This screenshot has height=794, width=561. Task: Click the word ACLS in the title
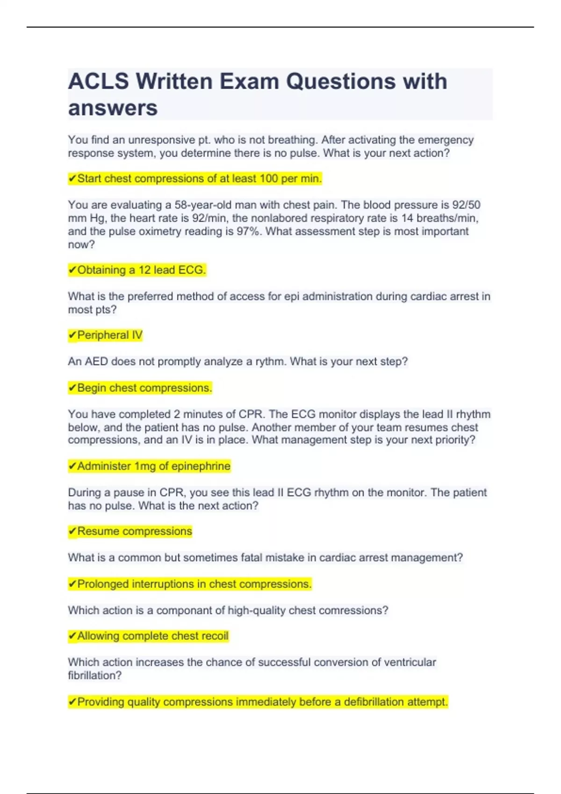98,82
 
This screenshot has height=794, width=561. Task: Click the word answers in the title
113,108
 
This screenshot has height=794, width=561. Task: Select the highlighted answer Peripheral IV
109,335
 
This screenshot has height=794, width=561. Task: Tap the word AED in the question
96,362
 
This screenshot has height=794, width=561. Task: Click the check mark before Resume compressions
72,532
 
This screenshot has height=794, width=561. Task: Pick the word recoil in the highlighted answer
214,636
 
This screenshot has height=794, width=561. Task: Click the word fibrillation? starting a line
94,675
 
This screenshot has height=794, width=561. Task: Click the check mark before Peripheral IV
72,335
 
